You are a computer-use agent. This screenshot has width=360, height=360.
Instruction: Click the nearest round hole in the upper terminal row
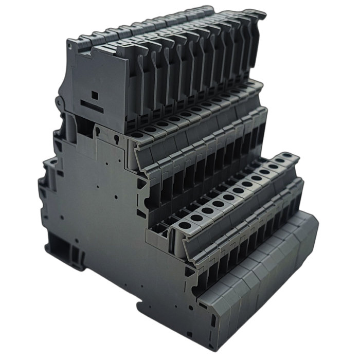tap(138, 135)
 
